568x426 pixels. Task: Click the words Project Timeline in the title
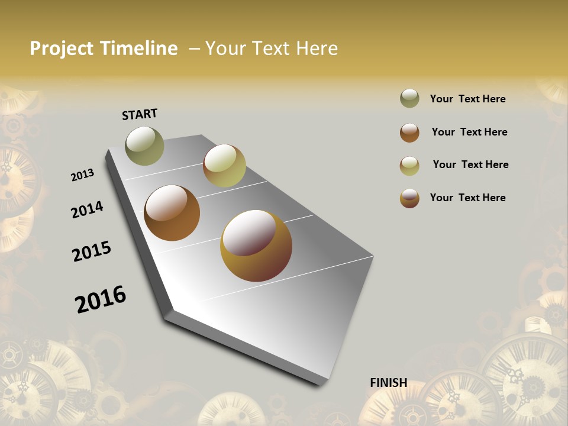pos(104,49)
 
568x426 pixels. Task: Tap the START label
pos(140,114)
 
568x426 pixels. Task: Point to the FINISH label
pos(388,383)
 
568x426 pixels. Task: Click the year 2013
pos(83,175)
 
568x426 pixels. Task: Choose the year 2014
pos(87,209)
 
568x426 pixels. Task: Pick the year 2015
pos(92,251)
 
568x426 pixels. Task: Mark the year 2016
pos(101,299)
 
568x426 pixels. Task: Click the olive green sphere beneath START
pos(144,146)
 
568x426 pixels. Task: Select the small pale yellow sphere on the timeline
pos(224,166)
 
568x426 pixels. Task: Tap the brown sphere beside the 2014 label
pos(172,213)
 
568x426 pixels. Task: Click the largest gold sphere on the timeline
pos(256,246)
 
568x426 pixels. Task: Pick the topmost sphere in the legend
pos(409,99)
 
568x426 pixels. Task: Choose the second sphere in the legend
pos(409,132)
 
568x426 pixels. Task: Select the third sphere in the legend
pos(409,165)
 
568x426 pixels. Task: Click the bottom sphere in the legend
pos(409,198)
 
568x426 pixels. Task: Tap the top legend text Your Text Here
pos(467,99)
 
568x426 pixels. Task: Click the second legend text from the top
pos(469,132)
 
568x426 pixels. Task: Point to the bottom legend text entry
pos(467,198)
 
